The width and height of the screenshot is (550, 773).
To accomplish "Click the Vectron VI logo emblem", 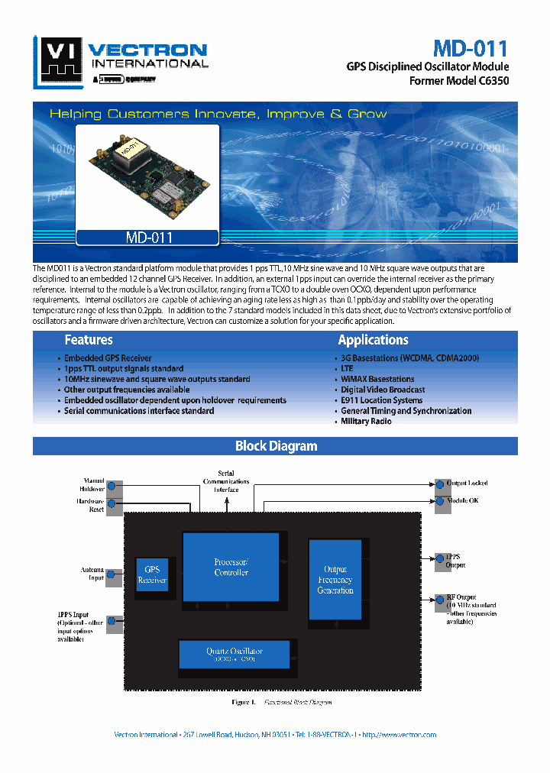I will pos(59,60).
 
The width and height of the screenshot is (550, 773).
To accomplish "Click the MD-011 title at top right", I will pos(470,49).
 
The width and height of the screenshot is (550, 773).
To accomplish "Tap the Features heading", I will pos(89,341).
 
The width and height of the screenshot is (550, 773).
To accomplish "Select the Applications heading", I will pos(373,341).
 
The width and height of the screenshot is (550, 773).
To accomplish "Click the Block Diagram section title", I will pos(276,446).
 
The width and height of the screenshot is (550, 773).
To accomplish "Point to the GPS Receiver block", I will pos(152,575).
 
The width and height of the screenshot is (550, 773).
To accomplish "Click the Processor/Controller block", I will pos(231,568).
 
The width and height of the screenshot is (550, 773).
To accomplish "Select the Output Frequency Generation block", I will pos(335,580).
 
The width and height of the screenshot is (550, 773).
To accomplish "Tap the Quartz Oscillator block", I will pos(234,655).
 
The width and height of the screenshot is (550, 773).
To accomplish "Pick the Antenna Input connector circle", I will pos(113,574).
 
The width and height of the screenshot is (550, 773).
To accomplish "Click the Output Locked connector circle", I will pos(439,484).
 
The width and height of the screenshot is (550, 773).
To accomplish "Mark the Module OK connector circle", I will pos(439,501).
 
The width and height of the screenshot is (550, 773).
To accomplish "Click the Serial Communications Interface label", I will pos(226,481).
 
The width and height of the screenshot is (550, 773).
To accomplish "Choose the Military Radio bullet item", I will pos(366,422).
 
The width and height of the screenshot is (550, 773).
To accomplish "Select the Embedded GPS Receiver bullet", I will pos(108,358).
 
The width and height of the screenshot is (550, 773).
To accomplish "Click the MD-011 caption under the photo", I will pos(149,238).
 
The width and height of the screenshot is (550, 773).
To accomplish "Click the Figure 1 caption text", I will pos(282,701).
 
